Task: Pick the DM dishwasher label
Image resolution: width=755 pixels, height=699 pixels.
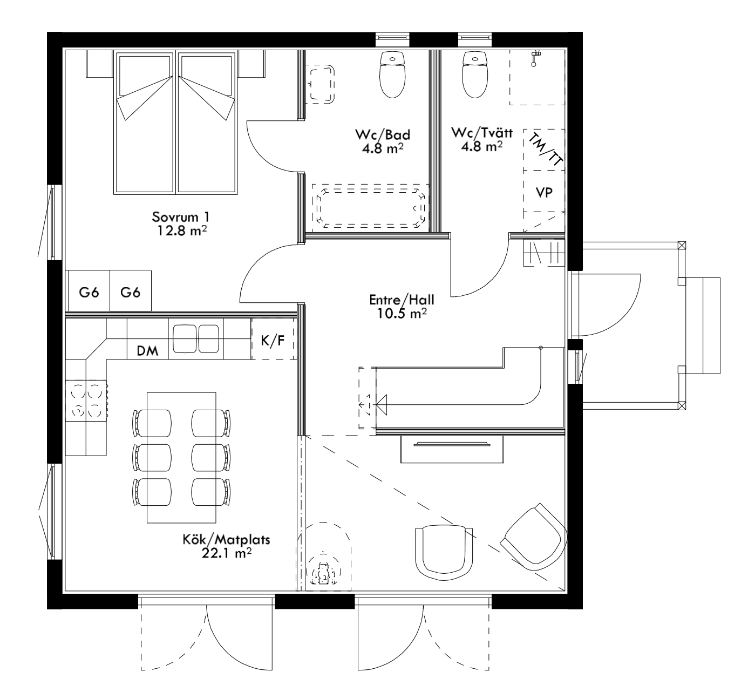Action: (147, 351)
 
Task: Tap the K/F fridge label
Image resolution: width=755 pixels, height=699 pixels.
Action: (273, 341)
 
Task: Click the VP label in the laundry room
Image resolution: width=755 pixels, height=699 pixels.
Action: (544, 193)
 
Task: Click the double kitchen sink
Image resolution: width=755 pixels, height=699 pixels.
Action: (196, 339)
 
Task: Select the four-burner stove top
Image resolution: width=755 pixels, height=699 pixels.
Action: (86, 401)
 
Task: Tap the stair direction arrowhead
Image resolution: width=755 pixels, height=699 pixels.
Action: (382, 405)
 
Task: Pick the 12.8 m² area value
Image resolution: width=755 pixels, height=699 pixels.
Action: (182, 230)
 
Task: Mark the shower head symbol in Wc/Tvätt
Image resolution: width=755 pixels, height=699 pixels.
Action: (535, 58)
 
